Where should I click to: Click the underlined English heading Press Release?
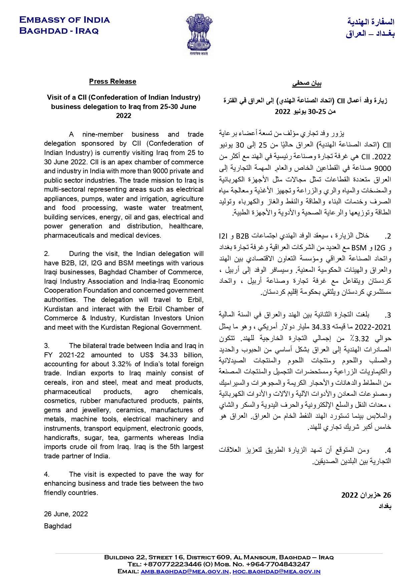click(112, 81)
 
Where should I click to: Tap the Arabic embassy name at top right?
click(370, 28)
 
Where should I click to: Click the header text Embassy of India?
click(64, 20)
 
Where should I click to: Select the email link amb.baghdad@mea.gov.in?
click(184, 571)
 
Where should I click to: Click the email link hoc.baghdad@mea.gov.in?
click(276, 571)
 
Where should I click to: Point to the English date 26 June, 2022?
click(66, 514)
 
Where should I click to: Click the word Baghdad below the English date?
click(58, 526)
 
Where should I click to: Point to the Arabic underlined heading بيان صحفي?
click(307, 83)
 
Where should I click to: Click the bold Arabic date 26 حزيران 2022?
click(366, 495)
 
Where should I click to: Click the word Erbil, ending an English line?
click(195, 300)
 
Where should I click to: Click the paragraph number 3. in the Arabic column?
click(388, 315)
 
